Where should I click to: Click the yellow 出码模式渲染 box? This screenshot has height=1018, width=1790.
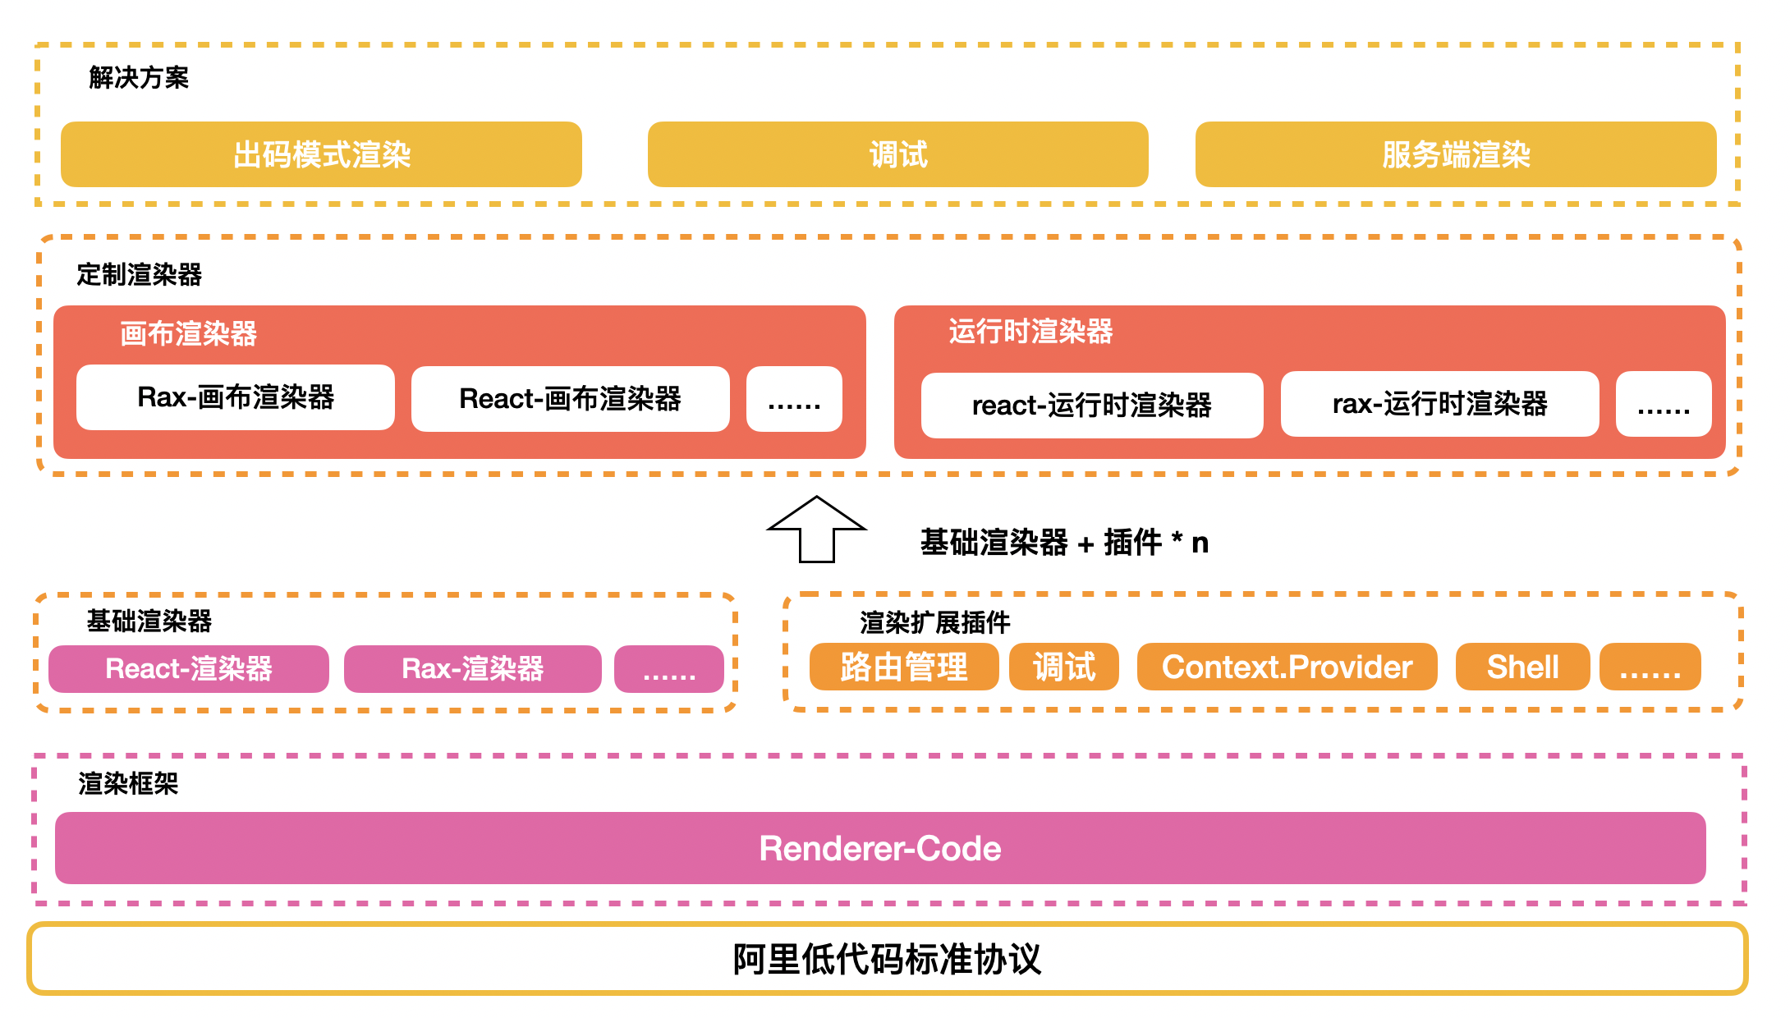321,154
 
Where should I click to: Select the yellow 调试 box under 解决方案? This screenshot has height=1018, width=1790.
897,154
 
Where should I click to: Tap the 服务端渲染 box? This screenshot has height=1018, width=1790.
1455,154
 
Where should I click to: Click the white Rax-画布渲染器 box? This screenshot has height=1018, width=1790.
236,397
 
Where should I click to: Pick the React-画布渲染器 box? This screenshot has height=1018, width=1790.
570,399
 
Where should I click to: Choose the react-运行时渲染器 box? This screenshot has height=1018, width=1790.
1091,406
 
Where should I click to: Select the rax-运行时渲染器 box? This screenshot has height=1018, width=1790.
1439,404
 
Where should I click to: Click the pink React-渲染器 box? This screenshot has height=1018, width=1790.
189,669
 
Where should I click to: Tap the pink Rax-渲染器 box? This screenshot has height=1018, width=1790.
472,669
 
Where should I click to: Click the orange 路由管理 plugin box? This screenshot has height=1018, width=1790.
903,667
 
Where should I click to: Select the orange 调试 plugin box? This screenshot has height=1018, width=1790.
1063,667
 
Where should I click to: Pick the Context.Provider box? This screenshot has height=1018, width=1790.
1287,667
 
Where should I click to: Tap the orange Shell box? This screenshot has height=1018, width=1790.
1522,667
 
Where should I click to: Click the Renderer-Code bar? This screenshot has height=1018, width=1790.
880,848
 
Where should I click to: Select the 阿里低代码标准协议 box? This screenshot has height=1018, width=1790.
887,959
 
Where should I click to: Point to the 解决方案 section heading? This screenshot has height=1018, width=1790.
139,78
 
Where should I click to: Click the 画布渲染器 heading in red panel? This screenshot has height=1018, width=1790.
188,334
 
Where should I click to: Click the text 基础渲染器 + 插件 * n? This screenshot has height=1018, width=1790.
1064,543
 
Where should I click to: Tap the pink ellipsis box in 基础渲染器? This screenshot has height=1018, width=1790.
668,669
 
